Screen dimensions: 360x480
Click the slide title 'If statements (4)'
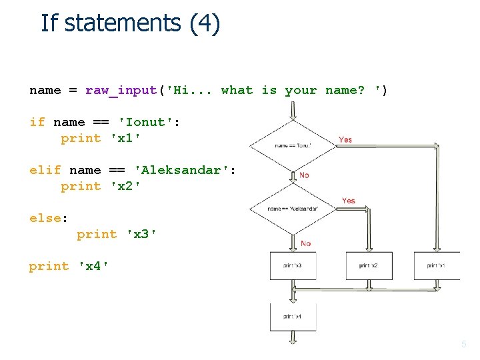(x=130, y=23)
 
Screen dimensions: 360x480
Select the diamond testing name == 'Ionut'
(x=293, y=145)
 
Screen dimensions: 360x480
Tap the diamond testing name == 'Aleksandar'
(x=293, y=209)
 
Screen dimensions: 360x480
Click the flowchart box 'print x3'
(x=293, y=265)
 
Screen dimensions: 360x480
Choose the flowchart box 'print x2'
(x=369, y=265)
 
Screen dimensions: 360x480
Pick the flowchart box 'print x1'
(x=437, y=265)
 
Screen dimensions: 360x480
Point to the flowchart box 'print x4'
(x=293, y=316)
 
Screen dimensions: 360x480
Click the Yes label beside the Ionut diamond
(x=345, y=139)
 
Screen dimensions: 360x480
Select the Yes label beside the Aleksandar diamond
(x=348, y=201)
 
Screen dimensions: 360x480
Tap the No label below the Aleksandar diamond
(x=305, y=243)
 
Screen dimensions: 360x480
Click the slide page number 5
(x=464, y=345)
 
